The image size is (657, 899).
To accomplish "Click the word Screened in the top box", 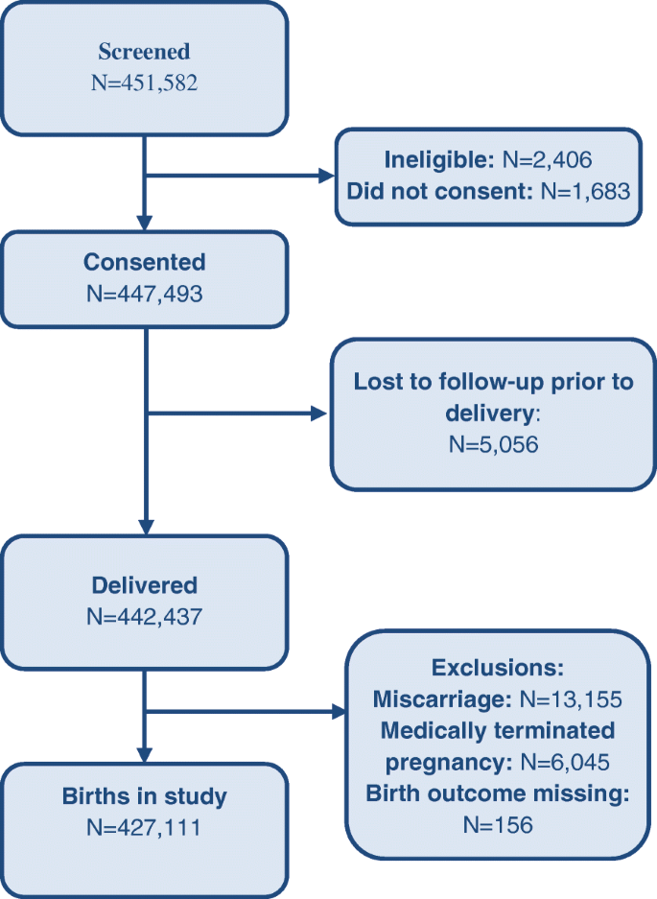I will coord(144,52).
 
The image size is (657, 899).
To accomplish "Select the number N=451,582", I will coord(144,83).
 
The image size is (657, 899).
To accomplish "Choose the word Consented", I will coord(144,262).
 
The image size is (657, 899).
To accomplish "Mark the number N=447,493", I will coord(144,293).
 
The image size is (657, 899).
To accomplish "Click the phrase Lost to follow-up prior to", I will coord(493,381).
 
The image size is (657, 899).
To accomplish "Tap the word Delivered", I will coord(144,585).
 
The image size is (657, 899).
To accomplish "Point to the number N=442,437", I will coord(144,616).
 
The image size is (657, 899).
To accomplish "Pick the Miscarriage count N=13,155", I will coord(560,698).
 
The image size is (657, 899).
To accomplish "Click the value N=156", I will coord(497,824).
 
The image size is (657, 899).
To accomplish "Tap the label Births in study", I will coord(144,795).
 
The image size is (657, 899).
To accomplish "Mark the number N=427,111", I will coord(144,826).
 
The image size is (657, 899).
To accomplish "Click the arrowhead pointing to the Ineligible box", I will coord(323,177).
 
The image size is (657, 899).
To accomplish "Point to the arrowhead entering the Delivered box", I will coord(144,526).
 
